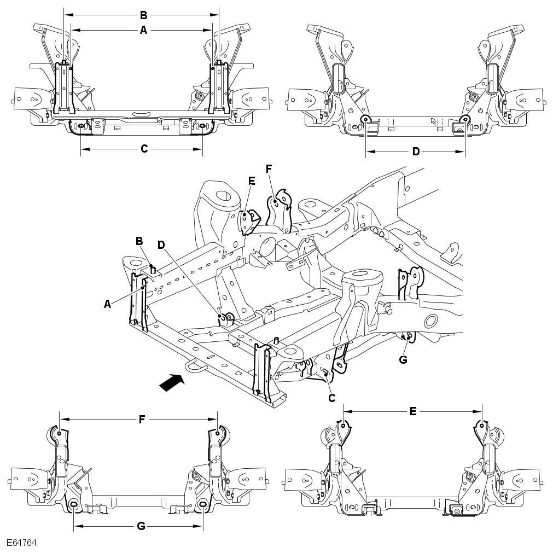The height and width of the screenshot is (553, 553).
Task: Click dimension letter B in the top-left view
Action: tap(143, 15)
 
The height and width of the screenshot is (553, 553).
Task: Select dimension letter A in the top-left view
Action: tap(143, 31)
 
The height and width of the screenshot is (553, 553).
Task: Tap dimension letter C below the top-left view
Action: tap(144, 149)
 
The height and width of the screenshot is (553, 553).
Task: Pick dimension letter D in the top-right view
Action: tap(416, 152)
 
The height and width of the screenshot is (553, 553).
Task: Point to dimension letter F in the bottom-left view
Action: tap(141, 420)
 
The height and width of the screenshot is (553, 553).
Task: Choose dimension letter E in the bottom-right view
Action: tap(412, 411)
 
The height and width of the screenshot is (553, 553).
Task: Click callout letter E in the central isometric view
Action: tap(251, 181)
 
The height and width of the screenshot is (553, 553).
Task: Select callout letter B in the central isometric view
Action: tap(139, 240)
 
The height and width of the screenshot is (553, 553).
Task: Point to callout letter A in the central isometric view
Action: tap(108, 304)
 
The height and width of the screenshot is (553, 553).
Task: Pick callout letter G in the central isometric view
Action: tap(404, 359)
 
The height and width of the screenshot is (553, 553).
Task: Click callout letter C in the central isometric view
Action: tap(331, 398)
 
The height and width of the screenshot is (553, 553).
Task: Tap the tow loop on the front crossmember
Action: tap(194, 365)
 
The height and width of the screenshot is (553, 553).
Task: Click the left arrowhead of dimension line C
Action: tap(83, 149)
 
